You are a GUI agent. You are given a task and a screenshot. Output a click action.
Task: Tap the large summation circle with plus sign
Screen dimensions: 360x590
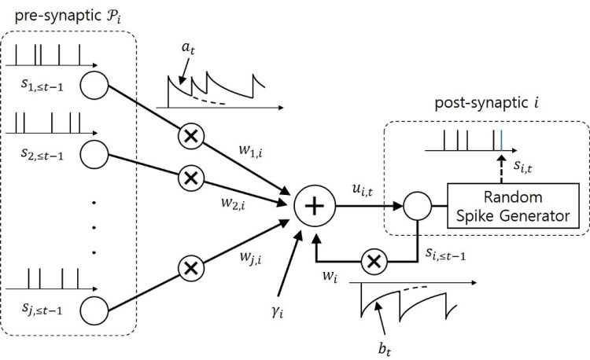(314, 206)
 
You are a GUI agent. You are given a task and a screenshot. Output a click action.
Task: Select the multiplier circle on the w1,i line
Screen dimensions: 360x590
(190, 136)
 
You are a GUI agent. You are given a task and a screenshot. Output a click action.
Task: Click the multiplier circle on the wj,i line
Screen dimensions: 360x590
(190, 268)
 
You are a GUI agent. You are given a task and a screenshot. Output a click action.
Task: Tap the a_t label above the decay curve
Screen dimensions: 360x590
(189, 50)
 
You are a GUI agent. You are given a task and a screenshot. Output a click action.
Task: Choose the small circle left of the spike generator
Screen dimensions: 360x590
(416, 206)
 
